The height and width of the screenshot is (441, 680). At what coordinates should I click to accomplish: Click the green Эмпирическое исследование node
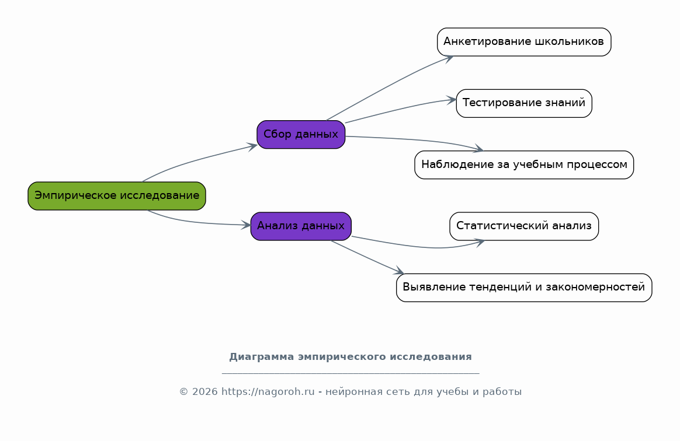117,196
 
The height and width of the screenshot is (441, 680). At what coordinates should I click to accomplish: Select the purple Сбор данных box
301,134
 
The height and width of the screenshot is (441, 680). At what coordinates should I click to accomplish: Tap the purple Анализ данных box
301,226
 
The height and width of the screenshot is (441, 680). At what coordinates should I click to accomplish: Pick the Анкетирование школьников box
524,42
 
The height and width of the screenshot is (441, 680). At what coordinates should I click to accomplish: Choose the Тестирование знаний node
524,103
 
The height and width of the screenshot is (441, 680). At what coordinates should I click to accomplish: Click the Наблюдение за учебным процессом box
524,164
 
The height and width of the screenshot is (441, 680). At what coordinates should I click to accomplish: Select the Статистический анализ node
524,226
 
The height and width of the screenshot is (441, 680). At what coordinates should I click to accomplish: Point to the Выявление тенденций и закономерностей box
524,288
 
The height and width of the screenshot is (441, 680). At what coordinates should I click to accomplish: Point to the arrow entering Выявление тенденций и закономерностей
367,257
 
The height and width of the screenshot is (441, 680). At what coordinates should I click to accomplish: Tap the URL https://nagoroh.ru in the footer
268,392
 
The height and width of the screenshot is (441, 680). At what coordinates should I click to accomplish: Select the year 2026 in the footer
204,392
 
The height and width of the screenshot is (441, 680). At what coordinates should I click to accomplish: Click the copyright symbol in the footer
183,392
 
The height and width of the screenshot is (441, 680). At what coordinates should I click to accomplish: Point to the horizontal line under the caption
351,373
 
